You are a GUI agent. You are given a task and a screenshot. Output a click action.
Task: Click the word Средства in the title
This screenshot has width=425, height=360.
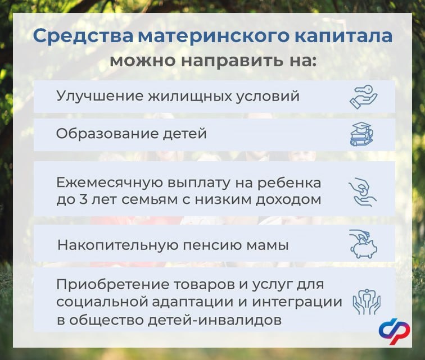(x=83, y=37)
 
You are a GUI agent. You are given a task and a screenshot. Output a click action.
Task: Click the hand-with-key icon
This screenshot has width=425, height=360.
(x=363, y=97)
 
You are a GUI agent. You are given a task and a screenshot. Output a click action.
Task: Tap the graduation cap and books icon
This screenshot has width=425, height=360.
(x=363, y=134)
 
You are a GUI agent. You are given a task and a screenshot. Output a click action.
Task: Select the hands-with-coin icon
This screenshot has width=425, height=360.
(x=363, y=192)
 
